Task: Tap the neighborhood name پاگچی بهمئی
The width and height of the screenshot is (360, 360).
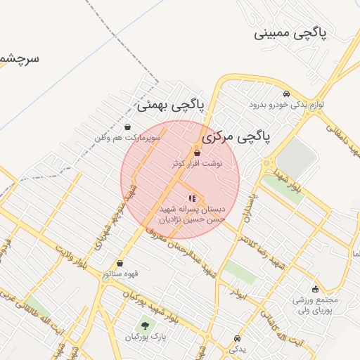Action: click(x=171, y=105)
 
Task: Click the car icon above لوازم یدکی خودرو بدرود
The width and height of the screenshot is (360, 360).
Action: click(x=286, y=94)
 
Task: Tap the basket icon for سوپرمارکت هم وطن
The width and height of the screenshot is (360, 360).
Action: click(x=127, y=127)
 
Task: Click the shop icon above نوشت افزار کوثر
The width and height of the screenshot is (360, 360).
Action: click(x=197, y=153)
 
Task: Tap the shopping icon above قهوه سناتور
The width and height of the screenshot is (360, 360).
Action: click(x=120, y=264)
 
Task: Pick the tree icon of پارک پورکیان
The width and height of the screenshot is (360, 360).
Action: click(x=146, y=326)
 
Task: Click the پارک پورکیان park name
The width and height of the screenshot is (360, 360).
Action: click(x=145, y=337)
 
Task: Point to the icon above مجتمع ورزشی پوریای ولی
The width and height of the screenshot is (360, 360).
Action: click(x=315, y=289)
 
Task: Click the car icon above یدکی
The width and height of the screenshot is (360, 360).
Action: click(x=236, y=338)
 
